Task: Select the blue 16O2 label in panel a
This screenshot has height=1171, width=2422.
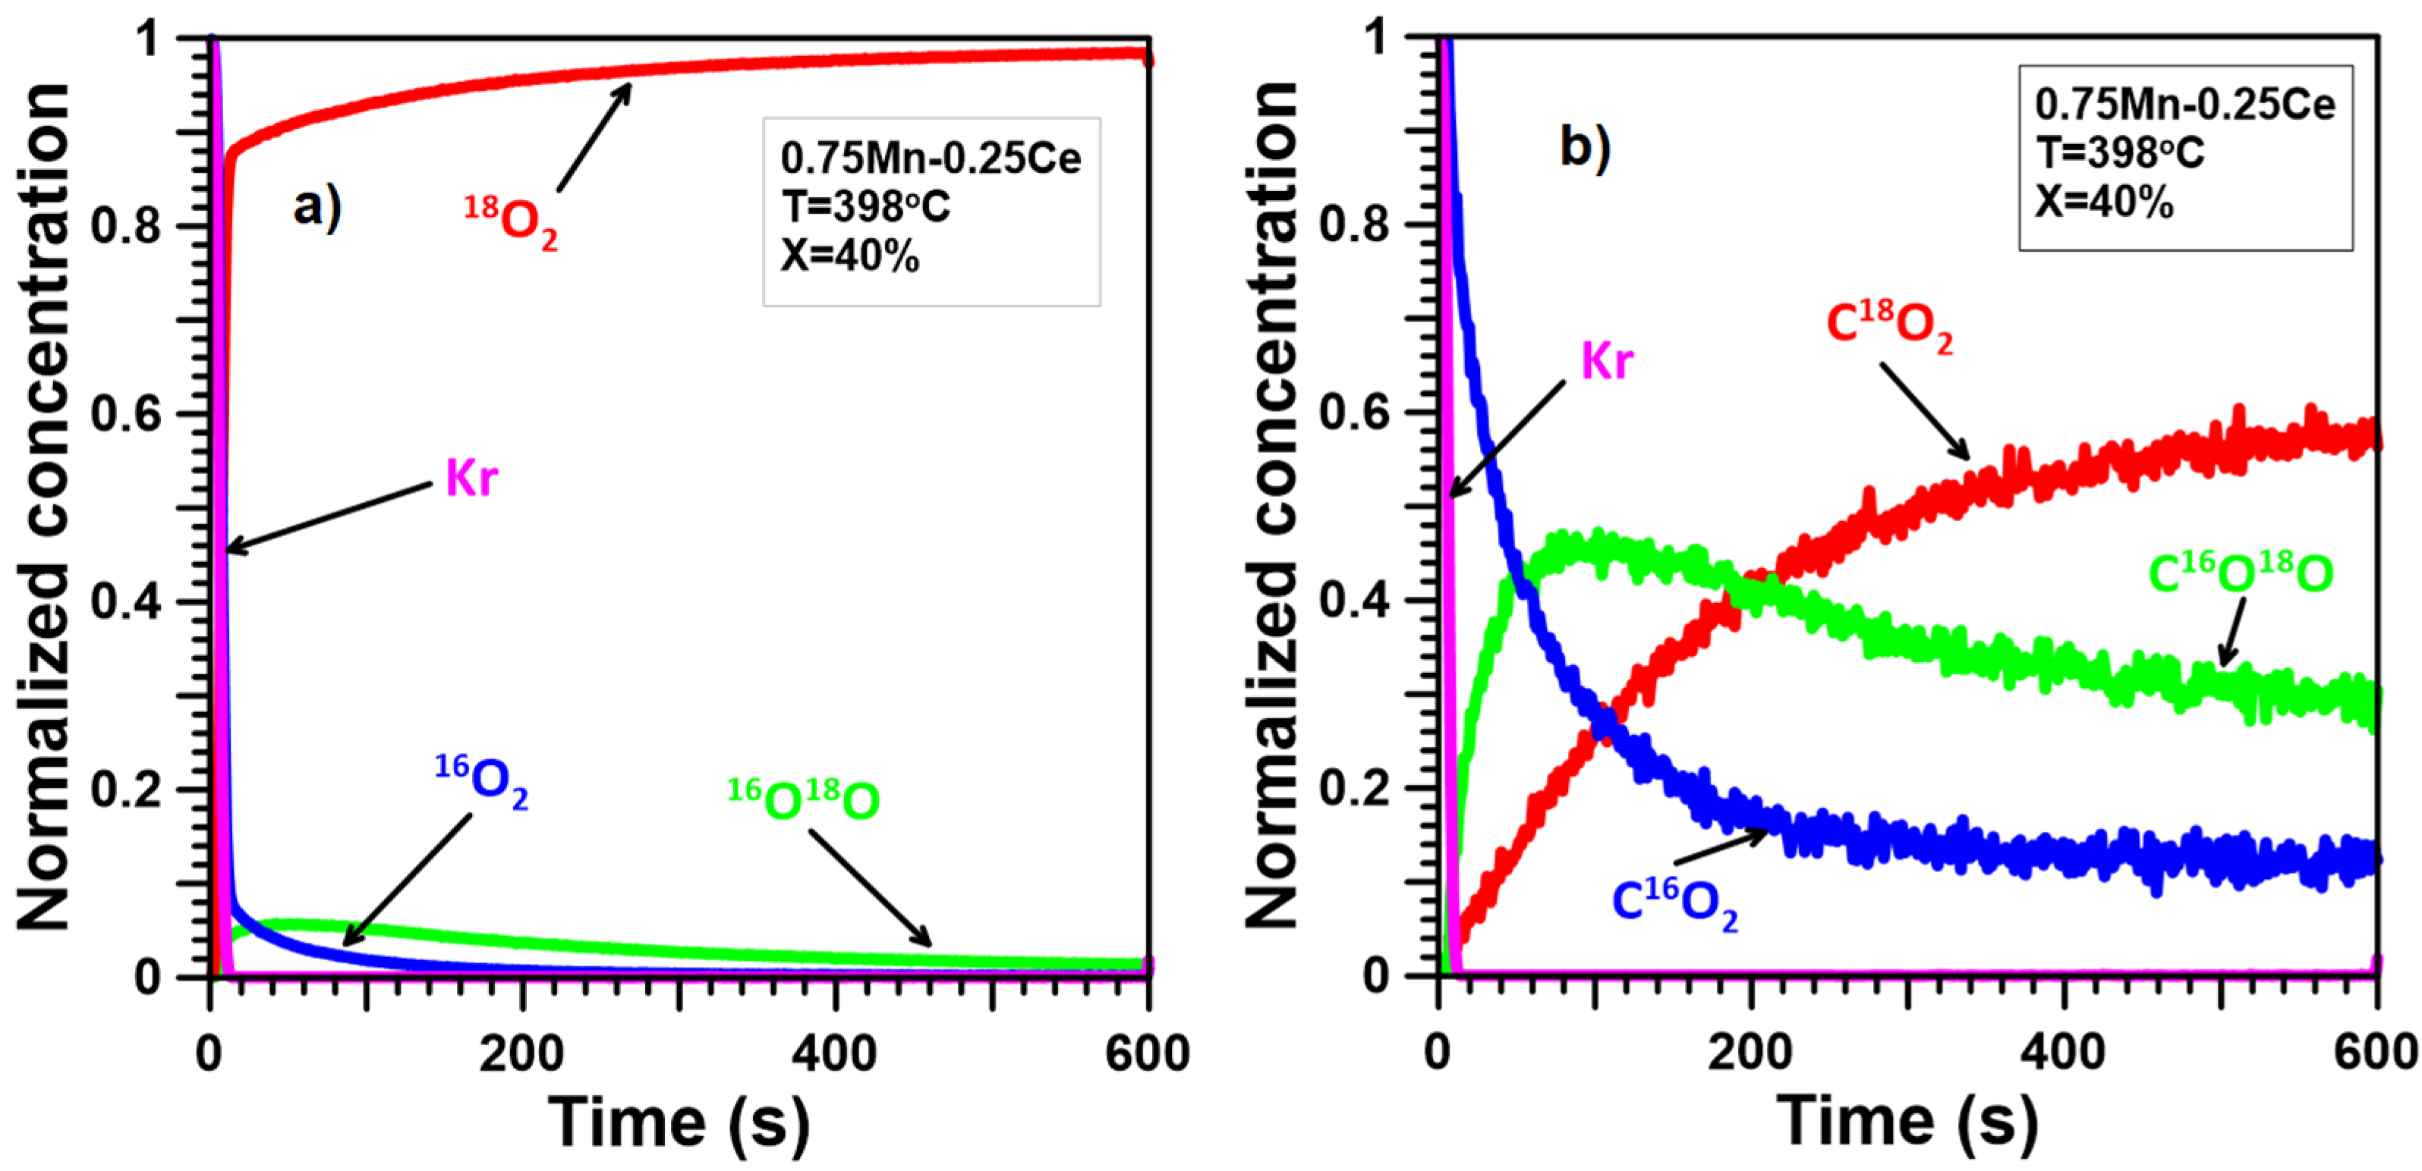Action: click(482, 781)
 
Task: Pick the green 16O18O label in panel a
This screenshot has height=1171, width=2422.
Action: click(804, 801)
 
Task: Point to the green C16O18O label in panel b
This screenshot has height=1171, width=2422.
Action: click(2241, 574)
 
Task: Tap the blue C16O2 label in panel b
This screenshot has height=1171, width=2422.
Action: click(1674, 903)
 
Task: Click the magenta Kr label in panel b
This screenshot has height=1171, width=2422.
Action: click(1607, 362)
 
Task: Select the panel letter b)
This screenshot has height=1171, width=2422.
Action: click(1586, 148)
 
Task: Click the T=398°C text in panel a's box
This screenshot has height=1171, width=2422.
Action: click(865, 206)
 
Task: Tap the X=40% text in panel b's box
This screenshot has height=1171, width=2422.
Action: click(2104, 201)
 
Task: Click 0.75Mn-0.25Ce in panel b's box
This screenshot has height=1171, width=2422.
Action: click(2185, 103)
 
